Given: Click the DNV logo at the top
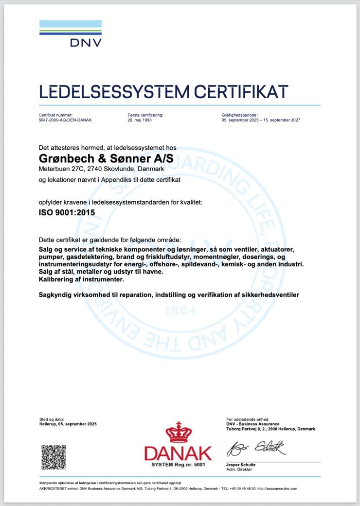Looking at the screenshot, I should [70, 34].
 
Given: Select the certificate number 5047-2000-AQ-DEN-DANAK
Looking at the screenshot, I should [65, 120].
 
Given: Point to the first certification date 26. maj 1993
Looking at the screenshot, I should [140, 120].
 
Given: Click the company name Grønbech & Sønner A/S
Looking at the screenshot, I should [106, 159].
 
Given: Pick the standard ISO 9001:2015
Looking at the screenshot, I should [67, 212].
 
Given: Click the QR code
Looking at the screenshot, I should [53, 457].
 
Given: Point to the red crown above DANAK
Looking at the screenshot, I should [179, 432].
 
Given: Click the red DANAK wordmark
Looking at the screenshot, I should [178, 453].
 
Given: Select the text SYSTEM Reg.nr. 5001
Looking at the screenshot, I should [179, 465].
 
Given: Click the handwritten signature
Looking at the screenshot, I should [256, 447].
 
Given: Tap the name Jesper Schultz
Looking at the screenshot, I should [241, 465].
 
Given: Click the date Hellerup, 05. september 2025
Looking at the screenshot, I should [68, 424].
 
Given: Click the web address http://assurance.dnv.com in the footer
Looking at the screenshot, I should [277, 489].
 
